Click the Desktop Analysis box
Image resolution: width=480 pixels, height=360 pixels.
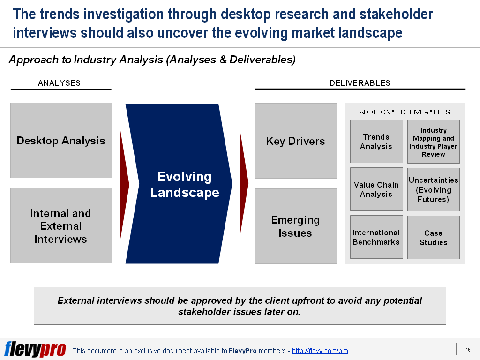pos(61,141)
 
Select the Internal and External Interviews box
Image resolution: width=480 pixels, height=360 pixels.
pos(61,226)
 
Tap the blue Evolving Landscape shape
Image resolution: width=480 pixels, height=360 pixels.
pos(180,184)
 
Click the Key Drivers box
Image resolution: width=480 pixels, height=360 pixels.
pos(296,141)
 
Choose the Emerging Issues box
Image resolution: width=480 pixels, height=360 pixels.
pos(296,226)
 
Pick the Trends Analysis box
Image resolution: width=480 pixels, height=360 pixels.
pos(376,142)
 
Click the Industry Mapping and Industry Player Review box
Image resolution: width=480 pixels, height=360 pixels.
pos(433,142)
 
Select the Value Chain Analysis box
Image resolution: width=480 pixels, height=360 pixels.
pos(376,189)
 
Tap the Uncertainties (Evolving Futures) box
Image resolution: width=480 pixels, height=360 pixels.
pos(433,190)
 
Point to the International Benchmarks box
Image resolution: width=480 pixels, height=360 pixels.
pos(376,237)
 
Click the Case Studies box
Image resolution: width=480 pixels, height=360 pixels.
pos(433,238)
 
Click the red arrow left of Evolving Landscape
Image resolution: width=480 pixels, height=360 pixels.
pos(124,184)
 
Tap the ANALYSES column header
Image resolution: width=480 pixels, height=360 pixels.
pos(59,83)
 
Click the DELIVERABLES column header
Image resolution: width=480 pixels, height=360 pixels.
pos(360,83)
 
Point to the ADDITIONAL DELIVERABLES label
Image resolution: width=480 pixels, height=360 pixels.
pos(405,112)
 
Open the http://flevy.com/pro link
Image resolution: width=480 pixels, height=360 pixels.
pos(320,351)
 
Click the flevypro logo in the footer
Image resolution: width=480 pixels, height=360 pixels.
pos(35,349)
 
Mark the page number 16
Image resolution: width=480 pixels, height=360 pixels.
pos(468,350)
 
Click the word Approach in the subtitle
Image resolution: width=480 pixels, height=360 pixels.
pos(29,60)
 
